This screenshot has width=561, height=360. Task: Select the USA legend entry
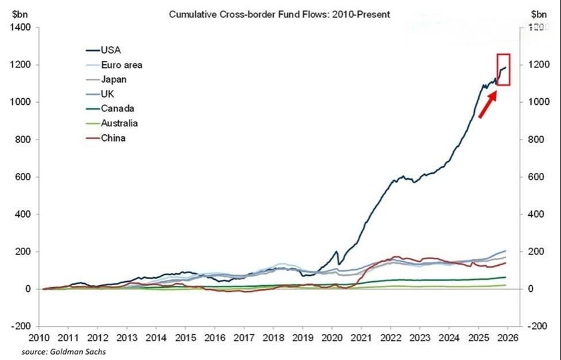point(112,50)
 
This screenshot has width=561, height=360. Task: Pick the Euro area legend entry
point(121,65)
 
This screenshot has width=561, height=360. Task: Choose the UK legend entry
point(108,94)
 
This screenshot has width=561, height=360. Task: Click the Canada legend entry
point(117,108)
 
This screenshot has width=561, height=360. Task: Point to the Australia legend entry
point(120,123)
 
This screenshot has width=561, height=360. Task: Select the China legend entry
point(113,138)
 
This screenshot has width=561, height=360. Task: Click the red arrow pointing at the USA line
point(487,106)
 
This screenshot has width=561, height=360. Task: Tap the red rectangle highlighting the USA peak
point(504,69)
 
